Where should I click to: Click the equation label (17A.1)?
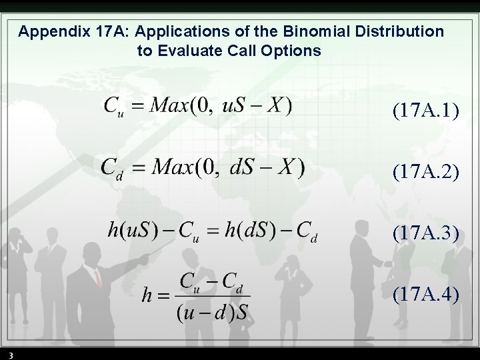(x=426, y=110)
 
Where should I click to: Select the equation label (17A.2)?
(x=426, y=172)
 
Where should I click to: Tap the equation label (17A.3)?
(x=426, y=233)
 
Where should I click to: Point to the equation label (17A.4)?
(x=426, y=293)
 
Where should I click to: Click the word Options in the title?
(x=295, y=51)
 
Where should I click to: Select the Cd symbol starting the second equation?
(x=111, y=169)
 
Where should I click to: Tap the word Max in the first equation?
(x=167, y=105)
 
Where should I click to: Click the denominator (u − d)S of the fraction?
(x=213, y=312)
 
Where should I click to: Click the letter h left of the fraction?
(x=147, y=296)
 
